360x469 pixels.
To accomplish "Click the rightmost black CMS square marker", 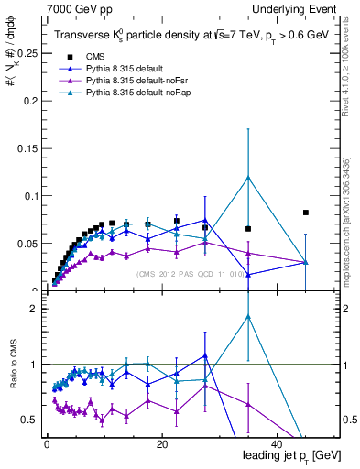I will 306,213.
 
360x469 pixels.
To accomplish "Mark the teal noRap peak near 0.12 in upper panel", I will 248,177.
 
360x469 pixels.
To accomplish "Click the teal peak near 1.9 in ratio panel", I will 248,317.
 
